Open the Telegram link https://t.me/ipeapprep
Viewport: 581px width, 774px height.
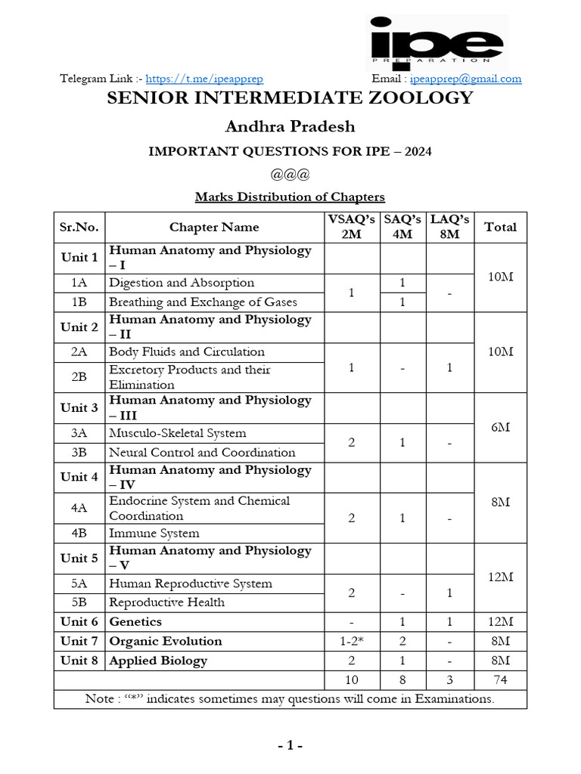pyautogui.click(x=204, y=79)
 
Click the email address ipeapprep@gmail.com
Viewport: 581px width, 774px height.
pyautogui.click(x=465, y=79)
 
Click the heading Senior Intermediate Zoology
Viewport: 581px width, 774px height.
pyautogui.click(x=290, y=98)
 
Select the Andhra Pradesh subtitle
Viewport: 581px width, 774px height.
pyautogui.click(x=290, y=126)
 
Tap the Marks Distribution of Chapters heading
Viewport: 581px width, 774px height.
pyautogui.click(x=290, y=197)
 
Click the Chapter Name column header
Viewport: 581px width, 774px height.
pyautogui.click(x=214, y=228)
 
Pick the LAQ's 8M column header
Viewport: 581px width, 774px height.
pyautogui.click(x=450, y=228)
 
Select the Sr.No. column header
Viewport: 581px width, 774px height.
pyautogui.click(x=79, y=228)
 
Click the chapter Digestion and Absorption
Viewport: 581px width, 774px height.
pyautogui.click(x=182, y=283)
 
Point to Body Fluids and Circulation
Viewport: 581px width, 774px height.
pyautogui.click(x=187, y=352)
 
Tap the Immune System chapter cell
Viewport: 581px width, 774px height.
pyautogui.click(x=154, y=533)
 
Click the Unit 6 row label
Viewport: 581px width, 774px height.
pyautogui.click(x=79, y=622)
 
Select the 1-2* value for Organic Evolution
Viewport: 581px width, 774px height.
pyautogui.click(x=351, y=642)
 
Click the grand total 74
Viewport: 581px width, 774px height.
pyautogui.click(x=500, y=680)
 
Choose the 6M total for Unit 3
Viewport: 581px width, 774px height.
pyautogui.click(x=500, y=427)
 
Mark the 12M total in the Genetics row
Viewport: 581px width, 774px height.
pyautogui.click(x=500, y=622)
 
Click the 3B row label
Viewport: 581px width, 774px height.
pyautogui.click(x=79, y=453)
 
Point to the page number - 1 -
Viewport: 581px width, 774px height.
pyautogui.click(x=290, y=747)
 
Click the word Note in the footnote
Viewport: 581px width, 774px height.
pyautogui.click(x=99, y=699)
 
